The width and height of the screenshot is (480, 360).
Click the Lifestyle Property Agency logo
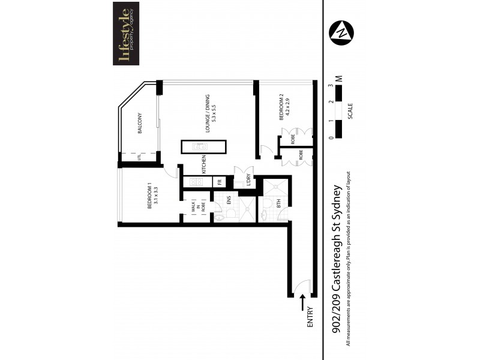(126, 33)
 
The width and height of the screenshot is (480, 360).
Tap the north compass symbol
(341, 31)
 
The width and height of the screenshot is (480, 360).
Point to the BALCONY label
(139, 123)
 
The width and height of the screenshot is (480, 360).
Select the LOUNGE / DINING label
(209, 114)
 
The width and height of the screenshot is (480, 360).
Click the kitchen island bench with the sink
(204, 147)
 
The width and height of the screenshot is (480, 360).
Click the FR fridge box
(220, 181)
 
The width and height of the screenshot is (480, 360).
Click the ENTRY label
(310, 316)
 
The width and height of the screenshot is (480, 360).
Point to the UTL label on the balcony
(139, 157)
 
